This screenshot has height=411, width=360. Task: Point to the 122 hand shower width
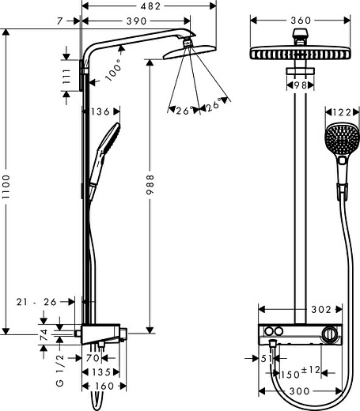(340, 113)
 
